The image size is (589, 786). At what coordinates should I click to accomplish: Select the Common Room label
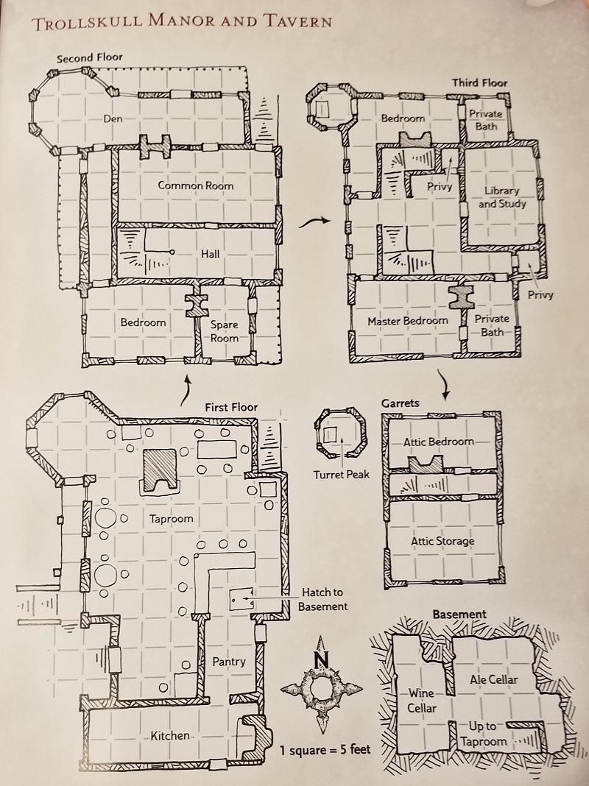click(x=195, y=185)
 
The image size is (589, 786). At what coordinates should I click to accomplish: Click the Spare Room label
click(x=225, y=330)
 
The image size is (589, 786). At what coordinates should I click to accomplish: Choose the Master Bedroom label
click(x=407, y=321)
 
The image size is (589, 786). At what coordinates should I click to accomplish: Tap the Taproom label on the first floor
click(x=171, y=518)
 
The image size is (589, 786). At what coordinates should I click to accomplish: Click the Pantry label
click(x=229, y=661)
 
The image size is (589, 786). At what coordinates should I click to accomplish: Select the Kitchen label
click(x=171, y=735)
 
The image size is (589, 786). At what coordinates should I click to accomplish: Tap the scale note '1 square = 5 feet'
click(x=325, y=751)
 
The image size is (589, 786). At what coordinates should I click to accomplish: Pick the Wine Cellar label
click(x=422, y=701)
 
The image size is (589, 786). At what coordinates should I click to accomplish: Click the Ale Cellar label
click(x=493, y=679)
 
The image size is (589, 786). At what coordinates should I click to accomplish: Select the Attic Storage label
click(x=442, y=541)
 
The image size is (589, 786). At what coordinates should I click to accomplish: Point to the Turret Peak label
click(x=340, y=475)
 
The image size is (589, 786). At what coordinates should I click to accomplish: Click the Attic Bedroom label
click(x=438, y=442)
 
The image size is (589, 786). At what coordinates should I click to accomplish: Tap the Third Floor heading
click(x=480, y=82)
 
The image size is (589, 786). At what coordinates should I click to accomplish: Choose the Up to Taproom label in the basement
click(x=482, y=734)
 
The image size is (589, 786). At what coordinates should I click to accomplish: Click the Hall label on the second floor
click(x=211, y=254)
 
